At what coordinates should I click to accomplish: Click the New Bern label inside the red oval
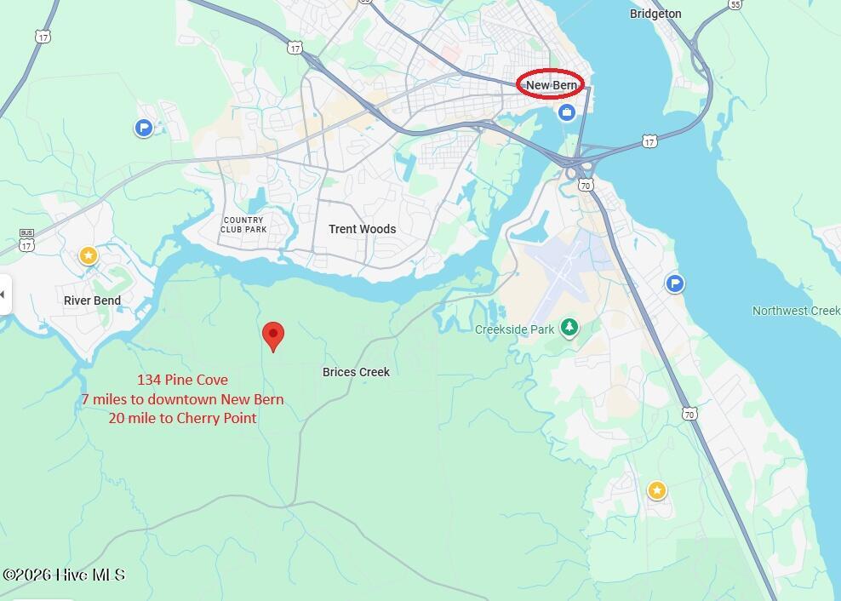tap(551, 85)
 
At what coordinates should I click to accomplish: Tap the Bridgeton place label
tap(655, 14)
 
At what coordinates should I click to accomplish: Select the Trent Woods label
tap(362, 229)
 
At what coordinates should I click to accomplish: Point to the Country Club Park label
tap(243, 225)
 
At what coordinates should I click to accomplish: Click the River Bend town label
tap(92, 300)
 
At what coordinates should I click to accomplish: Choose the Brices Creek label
tap(356, 372)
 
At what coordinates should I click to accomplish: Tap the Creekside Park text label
tap(514, 329)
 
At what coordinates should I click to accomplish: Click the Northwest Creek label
tap(796, 311)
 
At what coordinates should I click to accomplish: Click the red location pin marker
tap(272, 335)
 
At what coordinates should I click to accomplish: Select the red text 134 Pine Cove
tap(182, 380)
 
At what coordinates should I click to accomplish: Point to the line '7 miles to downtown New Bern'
tap(182, 399)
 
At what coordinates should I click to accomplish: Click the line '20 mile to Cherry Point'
tap(182, 418)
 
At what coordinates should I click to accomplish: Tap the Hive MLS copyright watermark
tap(64, 575)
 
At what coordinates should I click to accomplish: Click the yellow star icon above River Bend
tap(88, 255)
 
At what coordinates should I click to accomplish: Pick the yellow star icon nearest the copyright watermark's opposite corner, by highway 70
tap(656, 490)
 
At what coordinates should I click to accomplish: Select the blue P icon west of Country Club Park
tap(144, 128)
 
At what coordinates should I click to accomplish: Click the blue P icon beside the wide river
tap(675, 283)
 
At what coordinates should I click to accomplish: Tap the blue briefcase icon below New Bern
tap(567, 112)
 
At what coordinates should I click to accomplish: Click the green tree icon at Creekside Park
tap(569, 328)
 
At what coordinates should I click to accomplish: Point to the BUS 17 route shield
tap(26, 240)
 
